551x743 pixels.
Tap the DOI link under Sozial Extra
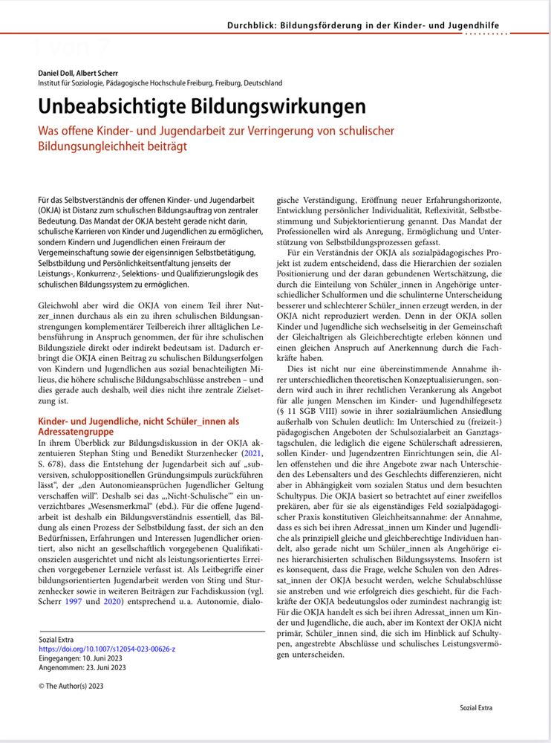(106, 649)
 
